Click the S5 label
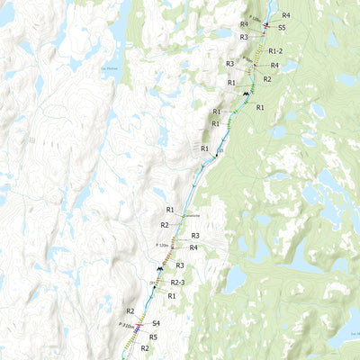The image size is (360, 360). point(282,29)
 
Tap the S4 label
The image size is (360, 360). point(156,322)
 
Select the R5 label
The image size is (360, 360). point(153,337)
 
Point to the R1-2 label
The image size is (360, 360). point(275,50)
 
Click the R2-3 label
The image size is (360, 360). point(177,283)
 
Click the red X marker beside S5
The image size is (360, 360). point(266,27)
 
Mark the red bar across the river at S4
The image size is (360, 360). point(139,325)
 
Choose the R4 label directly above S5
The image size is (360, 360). point(285,15)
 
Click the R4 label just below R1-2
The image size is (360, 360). point(274,66)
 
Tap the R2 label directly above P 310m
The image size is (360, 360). point(130,310)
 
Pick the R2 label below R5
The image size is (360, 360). point(144,347)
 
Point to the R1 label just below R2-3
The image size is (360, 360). point(171,295)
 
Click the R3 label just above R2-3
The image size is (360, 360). point(180,265)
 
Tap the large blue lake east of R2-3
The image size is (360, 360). point(236,281)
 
